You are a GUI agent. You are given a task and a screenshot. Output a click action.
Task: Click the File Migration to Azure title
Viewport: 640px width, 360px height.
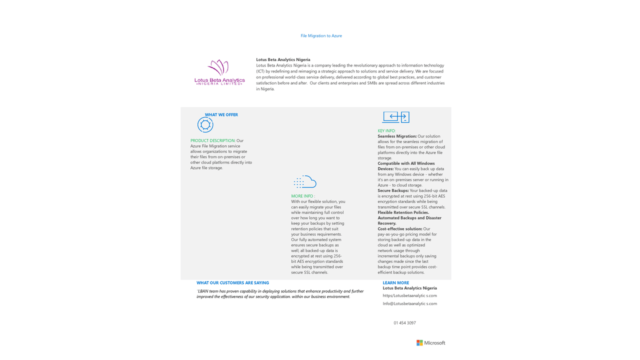[x=321, y=36]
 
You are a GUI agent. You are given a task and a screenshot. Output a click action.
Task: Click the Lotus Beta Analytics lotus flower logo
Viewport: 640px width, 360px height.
[x=218, y=67]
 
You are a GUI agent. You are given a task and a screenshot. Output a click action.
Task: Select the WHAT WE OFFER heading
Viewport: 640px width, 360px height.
[x=221, y=115]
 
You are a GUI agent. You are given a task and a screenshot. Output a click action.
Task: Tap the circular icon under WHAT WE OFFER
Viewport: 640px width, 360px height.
[x=205, y=124]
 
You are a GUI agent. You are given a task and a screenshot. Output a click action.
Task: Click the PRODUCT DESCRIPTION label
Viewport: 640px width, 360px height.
[x=212, y=140]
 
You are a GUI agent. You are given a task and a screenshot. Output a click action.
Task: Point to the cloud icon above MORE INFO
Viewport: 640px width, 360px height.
[x=305, y=181]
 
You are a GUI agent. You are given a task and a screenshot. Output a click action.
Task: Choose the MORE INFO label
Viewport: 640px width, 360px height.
[x=303, y=196]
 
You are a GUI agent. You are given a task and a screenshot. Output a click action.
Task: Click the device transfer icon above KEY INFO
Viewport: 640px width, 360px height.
[x=395, y=117]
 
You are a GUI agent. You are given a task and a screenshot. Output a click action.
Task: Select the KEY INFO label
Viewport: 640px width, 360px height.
[x=386, y=131]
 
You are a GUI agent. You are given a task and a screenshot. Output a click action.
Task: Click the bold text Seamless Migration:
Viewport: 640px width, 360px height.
[x=397, y=136]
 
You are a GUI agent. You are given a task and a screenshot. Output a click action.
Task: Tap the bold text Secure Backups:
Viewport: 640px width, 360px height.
[x=393, y=190]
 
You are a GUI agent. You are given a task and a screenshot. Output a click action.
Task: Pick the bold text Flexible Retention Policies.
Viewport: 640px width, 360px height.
[x=403, y=212]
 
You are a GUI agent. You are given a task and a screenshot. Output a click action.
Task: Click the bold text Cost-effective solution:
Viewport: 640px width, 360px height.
[x=400, y=229]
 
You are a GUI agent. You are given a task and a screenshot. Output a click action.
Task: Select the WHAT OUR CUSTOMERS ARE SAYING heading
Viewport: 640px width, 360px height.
[x=232, y=283]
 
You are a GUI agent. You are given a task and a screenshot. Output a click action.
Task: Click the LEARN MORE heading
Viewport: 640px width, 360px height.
[x=395, y=283]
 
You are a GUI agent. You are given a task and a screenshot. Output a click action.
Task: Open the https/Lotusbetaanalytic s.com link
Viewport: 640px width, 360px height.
[x=409, y=295]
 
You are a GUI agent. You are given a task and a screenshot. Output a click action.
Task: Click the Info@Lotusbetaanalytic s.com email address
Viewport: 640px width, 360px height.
[x=409, y=303]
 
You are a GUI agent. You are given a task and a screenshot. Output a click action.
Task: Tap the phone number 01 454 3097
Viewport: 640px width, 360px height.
[x=404, y=323]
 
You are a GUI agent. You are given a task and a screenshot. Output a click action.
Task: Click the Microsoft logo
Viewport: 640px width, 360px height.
[x=430, y=343]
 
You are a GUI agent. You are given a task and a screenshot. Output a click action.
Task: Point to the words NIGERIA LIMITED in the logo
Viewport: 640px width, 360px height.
[x=219, y=84]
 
